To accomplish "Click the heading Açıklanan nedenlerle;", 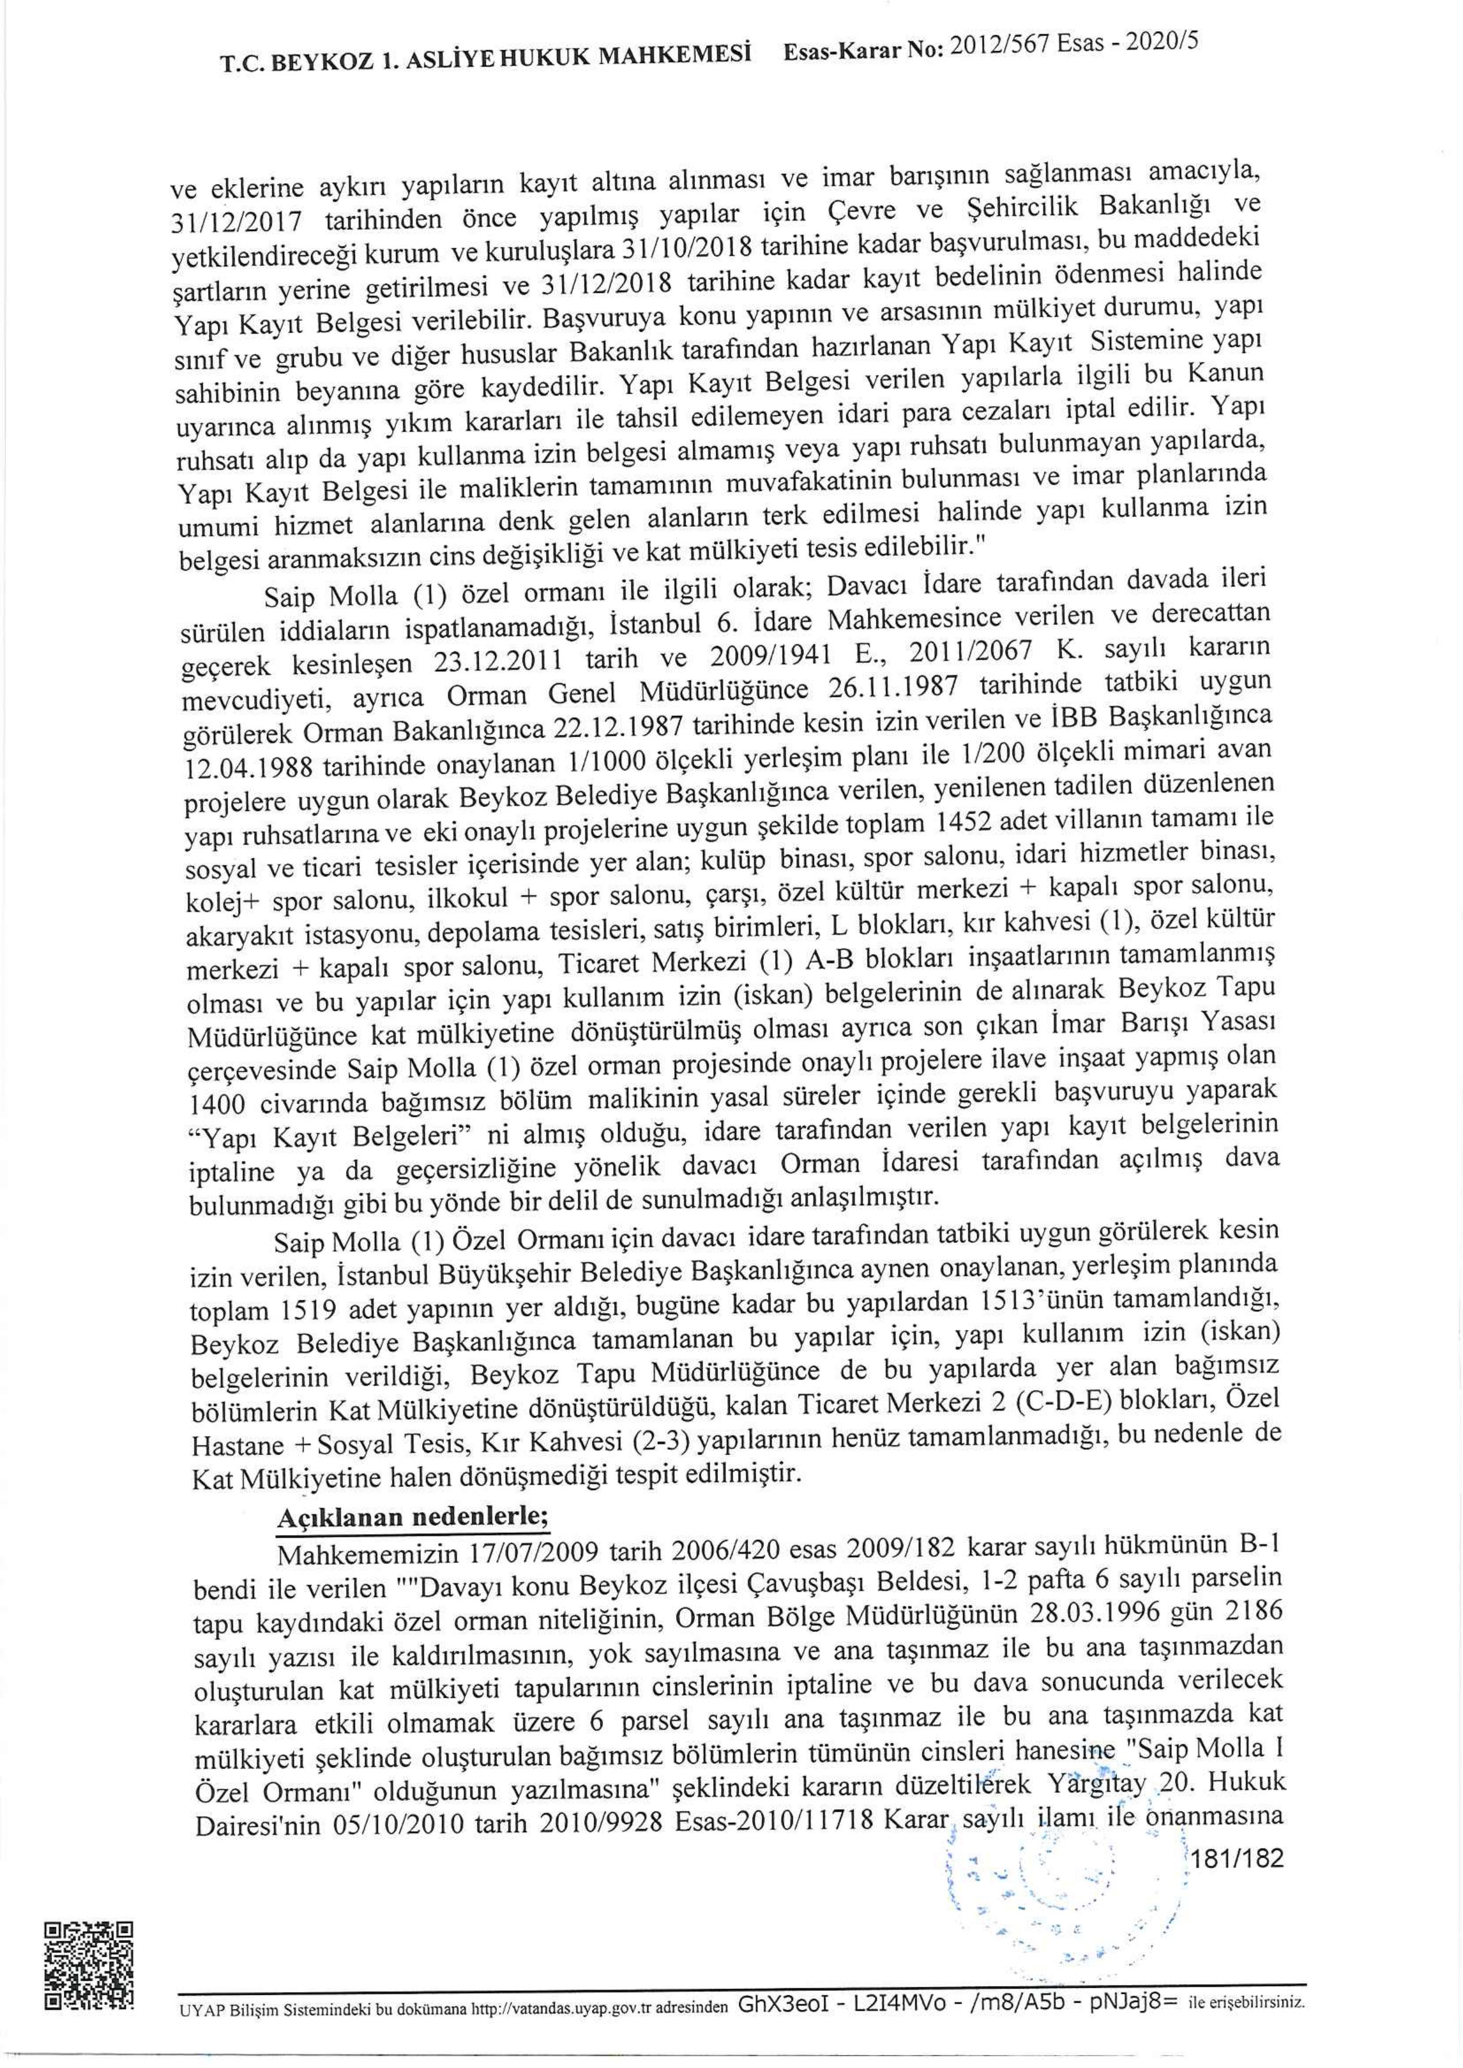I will (411, 1515).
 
